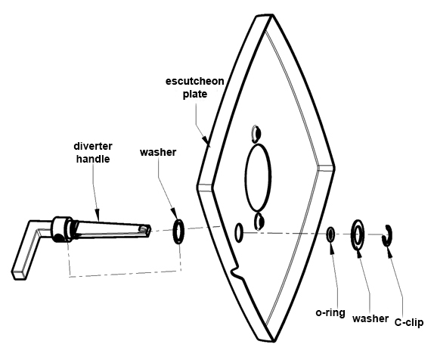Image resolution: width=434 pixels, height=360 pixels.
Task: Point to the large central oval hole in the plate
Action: (246, 177)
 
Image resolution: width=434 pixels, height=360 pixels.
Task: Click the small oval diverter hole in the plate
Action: (236, 233)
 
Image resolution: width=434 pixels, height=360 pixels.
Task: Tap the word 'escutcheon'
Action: (194, 81)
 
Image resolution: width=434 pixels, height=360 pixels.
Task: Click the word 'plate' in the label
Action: (195, 95)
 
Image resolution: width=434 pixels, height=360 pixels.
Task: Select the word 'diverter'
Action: (93, 146)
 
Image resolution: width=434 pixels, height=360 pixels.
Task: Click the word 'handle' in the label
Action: (93, 159)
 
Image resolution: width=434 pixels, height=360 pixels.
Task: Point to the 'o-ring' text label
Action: (330, 312)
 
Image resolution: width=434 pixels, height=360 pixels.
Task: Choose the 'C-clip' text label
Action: (409, 323)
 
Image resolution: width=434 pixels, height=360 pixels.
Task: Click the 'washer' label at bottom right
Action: (370, 318)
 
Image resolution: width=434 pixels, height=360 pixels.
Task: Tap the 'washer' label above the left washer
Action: (158, 152)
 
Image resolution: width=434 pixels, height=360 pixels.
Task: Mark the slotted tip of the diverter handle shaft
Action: (144, 229)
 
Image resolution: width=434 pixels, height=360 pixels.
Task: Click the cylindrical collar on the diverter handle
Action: (60, 229)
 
